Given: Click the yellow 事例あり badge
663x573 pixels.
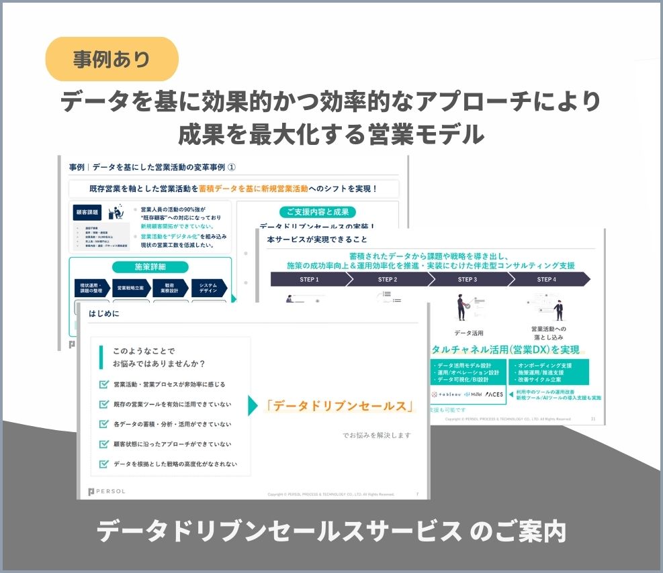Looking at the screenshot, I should (112, 59).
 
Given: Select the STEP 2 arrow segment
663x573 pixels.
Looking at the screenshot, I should (388, 279).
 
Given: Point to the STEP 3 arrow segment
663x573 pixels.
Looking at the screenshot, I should (467, 279).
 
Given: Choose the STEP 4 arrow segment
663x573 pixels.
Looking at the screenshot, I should (546, 279).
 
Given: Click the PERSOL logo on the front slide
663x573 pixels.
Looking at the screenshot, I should (107, 492).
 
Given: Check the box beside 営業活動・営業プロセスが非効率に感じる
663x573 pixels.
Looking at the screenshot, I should (103, 384).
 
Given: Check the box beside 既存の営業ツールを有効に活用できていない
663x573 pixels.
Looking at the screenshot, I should (103, 404).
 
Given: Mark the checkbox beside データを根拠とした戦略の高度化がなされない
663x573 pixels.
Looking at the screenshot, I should (103, 464).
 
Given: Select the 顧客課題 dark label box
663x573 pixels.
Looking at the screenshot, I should (87, 213).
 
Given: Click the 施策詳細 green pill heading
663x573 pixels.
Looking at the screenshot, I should (150, 266).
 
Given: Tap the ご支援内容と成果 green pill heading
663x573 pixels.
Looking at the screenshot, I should (318, 211).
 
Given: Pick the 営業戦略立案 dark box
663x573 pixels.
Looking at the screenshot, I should (131, 287).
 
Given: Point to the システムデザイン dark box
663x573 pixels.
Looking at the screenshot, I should (208, 287).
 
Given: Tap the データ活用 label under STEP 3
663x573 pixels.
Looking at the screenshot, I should (468, 332).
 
